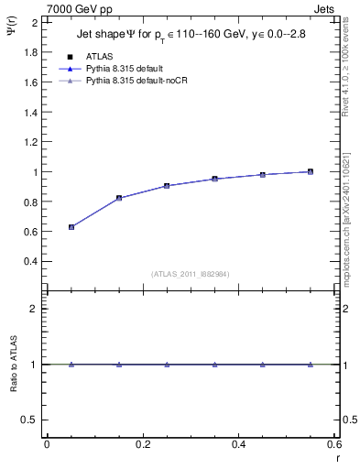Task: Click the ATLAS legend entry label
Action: pos(100,57)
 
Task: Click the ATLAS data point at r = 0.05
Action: pos(71,226)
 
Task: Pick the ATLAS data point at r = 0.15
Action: pos(119,198)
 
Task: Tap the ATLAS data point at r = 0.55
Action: pos(311,171)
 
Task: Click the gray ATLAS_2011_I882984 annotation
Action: pos(191,273)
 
